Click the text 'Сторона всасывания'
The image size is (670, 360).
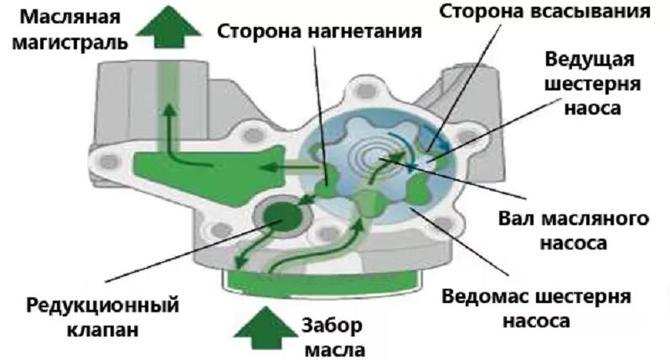pos(544,12)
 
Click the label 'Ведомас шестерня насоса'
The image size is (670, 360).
pos(536,308)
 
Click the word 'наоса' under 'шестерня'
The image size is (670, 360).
pos(593,109)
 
